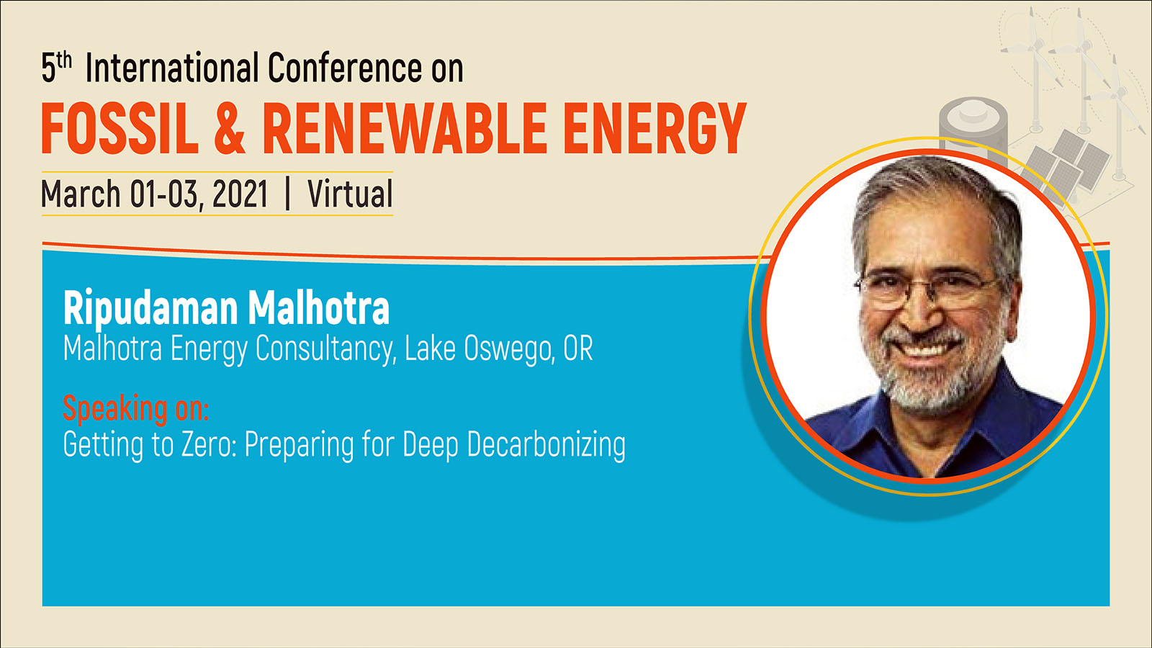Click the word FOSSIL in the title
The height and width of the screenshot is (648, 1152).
pos(120,129)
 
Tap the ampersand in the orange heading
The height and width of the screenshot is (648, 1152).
pos(230,129)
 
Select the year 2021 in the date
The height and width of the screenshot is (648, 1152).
pos(240,194)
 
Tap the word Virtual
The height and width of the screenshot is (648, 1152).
pos(350,194)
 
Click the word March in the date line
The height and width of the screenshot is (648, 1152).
pos(81,194)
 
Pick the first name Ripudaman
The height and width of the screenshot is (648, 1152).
pos(150,310)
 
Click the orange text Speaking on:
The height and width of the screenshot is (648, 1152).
pos(136,408)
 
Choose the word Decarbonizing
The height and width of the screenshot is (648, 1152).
pos(546,444)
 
